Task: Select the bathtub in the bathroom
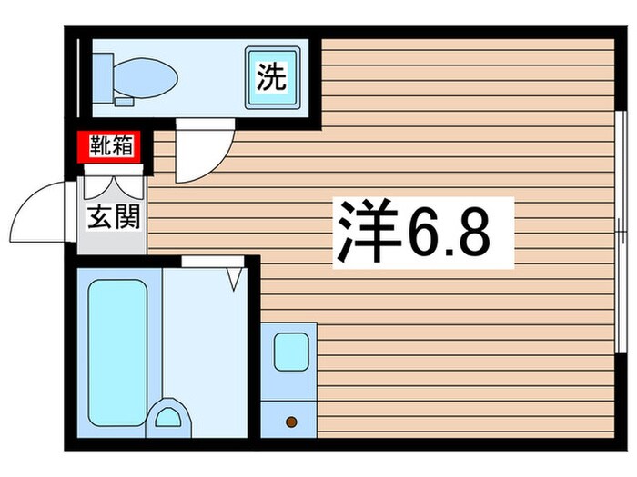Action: pyautogui.click(x=117, y=351)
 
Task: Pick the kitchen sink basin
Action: pyautogui.click(x=291, y=352)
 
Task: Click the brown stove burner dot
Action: pyautogui.click(x=291, y=422)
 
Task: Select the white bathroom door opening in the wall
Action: pyautogui.click(x=212, y=262)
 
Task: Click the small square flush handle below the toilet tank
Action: pyautogui.click(x=123, y=101)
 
